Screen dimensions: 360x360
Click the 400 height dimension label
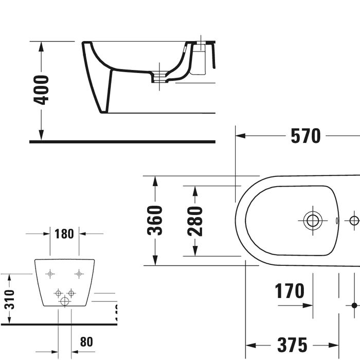click(41, 90)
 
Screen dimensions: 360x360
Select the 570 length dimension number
click(305, 136)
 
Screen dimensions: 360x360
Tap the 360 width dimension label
click(155, 221)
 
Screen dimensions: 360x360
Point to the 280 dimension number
click(195, 221)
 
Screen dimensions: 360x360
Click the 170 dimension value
click(289, 291)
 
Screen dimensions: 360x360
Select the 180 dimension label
click(64, 234)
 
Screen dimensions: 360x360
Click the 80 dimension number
click(86, 341)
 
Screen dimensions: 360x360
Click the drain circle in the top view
click(312, 221)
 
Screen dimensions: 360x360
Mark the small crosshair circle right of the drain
click(354, 221)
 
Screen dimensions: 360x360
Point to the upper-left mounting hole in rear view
click(50, 274)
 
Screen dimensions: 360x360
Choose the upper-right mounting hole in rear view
click(79, 274)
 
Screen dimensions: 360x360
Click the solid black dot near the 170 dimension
click(354, 305)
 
